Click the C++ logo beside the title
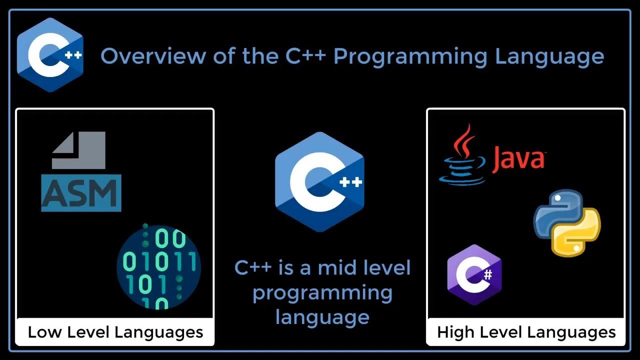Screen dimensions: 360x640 tap(49, 55)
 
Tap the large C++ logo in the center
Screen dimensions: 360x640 tap(319, 182)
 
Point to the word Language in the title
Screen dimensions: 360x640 tap(549, 56)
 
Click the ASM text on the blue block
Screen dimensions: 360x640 tap(81, 193)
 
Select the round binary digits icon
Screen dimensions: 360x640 tap(158, 266)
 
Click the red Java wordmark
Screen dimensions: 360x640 tap(518, 158)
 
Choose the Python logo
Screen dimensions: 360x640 tap(567, 222)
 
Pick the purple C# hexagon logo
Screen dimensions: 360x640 tap(474, 274)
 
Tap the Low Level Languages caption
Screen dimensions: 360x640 tap(115, 332)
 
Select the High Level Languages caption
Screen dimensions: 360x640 tap(526, 332)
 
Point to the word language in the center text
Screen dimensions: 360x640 tap(322, 316)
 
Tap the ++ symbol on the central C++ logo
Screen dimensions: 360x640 tap(350, 182)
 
